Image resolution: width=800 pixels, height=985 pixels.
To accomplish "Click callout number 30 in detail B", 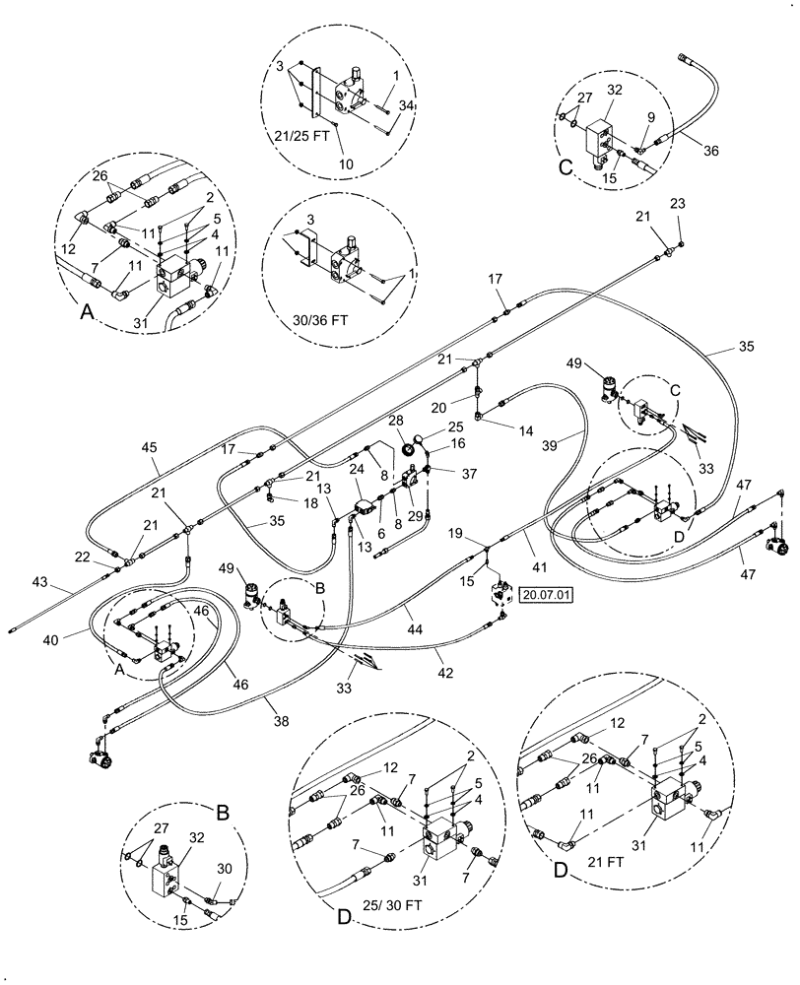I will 225,870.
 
